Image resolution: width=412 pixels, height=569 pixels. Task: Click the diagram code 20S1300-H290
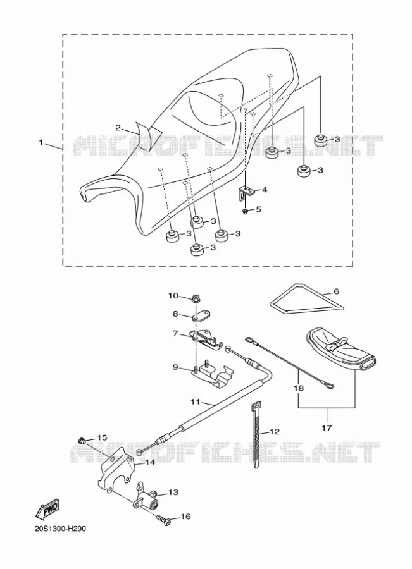pos(60,529)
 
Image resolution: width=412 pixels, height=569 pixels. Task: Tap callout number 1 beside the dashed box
pos(41,143)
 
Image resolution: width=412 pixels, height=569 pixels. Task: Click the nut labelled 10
pos(196,300)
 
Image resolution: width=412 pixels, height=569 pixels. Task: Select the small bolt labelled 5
pos(246,210)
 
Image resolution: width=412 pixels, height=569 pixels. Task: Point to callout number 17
pos(327,428)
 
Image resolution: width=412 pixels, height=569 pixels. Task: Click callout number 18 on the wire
pos(299,388)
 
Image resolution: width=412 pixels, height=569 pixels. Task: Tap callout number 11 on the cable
pos(196,401)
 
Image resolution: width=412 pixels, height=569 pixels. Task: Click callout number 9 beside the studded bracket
pos(175,367)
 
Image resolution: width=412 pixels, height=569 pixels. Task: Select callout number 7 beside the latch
pos(176,333)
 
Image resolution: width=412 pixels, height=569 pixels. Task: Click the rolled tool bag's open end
pos(367,364)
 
